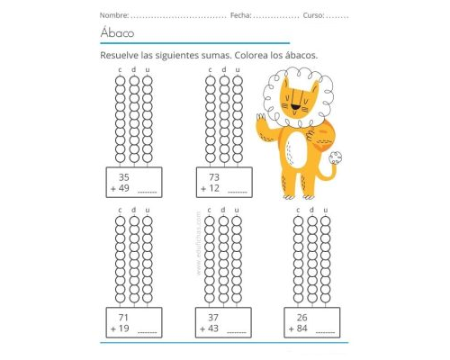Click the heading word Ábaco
117,33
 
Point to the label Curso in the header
314,15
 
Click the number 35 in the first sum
124,177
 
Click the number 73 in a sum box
214,177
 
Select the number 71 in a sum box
122,319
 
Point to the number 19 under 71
124,330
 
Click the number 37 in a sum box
214,319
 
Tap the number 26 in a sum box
302,319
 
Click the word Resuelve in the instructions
121,56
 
